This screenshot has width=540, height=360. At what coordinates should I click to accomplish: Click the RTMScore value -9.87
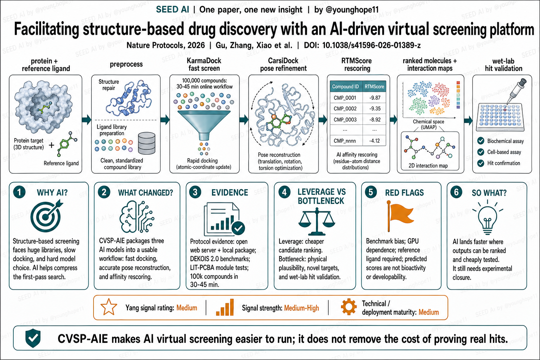click(x=375, y=98)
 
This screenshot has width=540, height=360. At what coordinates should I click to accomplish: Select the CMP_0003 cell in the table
click(x=345, y=120)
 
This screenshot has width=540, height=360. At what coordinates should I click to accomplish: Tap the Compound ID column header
click(x=345, y=86)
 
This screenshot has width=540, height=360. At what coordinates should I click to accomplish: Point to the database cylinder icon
click(x=147, y=143)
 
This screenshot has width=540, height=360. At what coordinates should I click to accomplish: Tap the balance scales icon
click(x=317, y=221)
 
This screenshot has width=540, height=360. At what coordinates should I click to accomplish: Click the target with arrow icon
click(x=46, y=216)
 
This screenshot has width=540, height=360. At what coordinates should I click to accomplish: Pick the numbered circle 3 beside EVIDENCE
click(x=195, y=192)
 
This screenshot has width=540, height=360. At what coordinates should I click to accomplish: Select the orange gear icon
click(x=349, y=307)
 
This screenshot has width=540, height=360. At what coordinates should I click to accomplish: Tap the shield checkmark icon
click(x=33, y=338)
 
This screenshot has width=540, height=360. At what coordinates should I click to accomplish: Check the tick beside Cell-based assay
click(x=481, y=152)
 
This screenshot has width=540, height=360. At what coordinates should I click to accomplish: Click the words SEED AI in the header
click(x=172, y=9)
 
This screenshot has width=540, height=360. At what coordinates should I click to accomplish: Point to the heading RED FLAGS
click(x=404, y=193)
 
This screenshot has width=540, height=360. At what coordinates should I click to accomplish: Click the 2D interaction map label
click(x=428, y=166)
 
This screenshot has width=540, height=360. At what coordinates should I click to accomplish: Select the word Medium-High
click(x=301, y=308)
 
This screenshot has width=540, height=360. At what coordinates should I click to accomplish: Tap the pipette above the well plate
click(x=516, y=91)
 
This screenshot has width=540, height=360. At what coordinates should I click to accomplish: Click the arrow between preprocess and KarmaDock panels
click(x=165, y=120)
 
